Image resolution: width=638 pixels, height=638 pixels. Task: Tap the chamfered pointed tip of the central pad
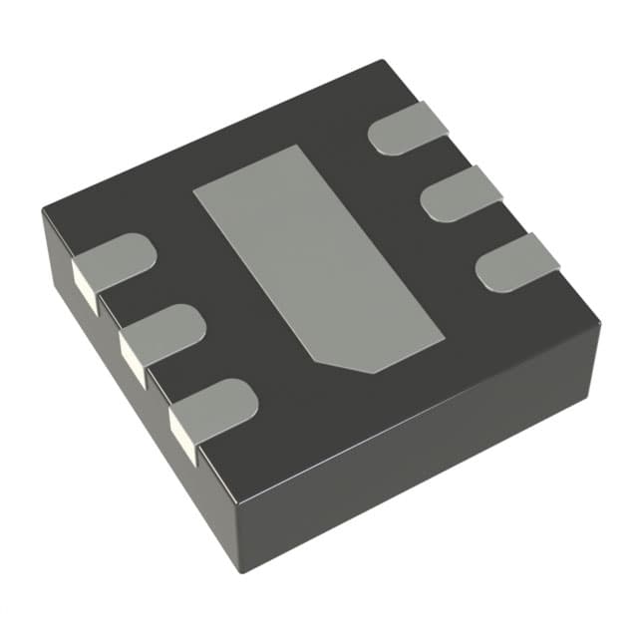pos(371,371)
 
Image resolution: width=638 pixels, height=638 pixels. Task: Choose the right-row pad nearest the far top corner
pos(409,133)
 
